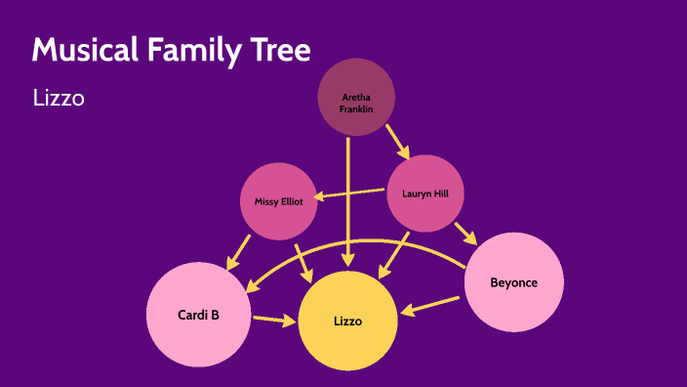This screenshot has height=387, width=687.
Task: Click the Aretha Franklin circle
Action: pos(356,97)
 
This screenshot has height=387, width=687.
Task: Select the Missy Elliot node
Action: pos(279,201)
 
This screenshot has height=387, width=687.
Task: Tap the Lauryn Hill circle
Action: pos(425,193)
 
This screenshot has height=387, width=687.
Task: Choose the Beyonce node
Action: pos(514,282)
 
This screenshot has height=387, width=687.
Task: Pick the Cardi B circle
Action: pos(198,315)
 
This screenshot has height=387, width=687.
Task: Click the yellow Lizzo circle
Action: pos(347,321)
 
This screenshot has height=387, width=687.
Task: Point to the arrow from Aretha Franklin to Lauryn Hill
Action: pos(397,140)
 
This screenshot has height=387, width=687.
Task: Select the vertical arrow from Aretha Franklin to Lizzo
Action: pos(347,195)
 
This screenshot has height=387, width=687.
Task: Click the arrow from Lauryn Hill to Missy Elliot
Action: pos(354,193)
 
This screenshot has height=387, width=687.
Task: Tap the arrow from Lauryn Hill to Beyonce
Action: pos(465,233)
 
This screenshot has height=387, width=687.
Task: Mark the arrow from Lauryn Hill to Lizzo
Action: pos(395,254)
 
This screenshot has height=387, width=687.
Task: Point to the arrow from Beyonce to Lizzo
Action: pos(429,306)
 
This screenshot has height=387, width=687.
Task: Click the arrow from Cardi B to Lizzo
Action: pos(274,319)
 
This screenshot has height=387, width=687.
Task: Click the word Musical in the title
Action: pos(85,49)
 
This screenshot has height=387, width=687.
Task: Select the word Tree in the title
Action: pos(283,49)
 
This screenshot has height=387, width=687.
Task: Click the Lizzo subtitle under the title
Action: pos(59,98)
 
